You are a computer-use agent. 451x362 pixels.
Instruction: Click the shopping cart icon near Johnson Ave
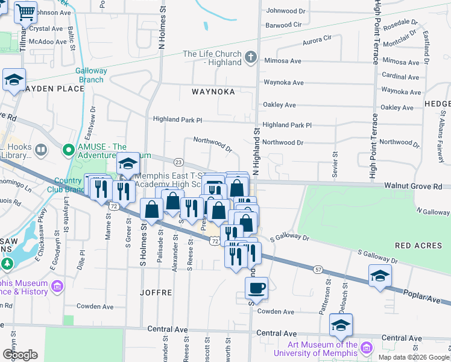(25, 11)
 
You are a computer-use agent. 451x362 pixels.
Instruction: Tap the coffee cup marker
(257, 288)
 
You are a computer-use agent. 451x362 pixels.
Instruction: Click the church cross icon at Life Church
(251, 58)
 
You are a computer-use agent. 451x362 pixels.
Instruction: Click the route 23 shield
(178, 162)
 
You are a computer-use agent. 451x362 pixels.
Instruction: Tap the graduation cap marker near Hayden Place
(14, 79)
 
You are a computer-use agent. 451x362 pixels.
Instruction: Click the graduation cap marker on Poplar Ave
(379, 276)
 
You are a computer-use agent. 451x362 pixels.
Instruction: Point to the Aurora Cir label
(317, 38)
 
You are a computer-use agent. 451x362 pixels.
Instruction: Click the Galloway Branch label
(91, 75)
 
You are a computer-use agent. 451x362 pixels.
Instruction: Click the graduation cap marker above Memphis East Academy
(128, 163)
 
